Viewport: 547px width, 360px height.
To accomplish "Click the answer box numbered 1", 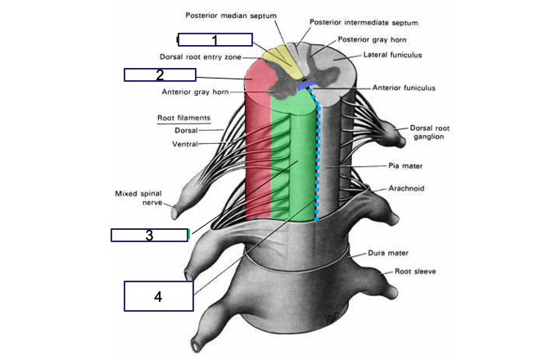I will tap(215, 39).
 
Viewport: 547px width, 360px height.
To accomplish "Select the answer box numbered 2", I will tap(160, 75).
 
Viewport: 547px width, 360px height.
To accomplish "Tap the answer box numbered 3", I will tap(150, 236).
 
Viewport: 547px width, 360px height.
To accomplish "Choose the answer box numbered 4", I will tap(158, 295).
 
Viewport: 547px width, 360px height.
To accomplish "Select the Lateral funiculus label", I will tap(390, 56).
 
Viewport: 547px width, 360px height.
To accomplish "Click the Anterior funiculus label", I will tap(403, 88).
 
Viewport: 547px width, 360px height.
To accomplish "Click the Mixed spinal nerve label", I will tap(138, 198).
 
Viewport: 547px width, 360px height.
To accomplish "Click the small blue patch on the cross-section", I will tap(304, 85).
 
